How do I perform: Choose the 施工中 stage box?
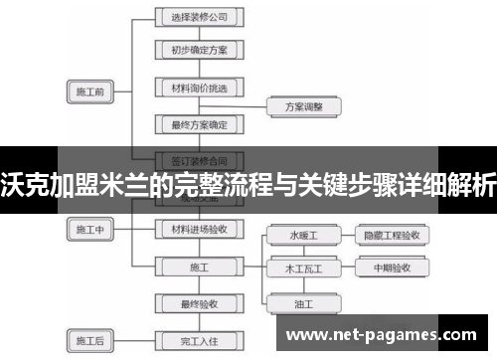(x=90, y=230)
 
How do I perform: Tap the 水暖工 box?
(x=303, y=236)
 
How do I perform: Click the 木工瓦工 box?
(x=303, y=269)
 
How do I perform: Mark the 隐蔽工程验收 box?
(x=392, y=236)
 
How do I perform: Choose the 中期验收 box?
(x=392, y=269)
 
